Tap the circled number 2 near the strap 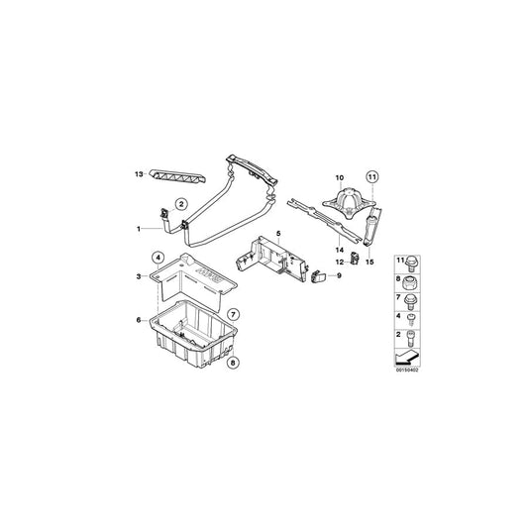(181, 204)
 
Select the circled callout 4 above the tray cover (156, 260)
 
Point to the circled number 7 (234, 315)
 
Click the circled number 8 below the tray (234, 363)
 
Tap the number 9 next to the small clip (338, 276)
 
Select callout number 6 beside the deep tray (140, 319)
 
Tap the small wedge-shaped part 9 (319, 277)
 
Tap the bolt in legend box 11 (413, 262)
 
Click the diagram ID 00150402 (406, 371)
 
